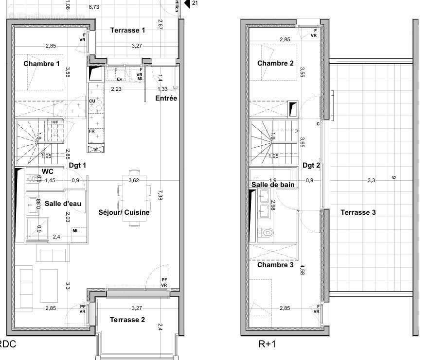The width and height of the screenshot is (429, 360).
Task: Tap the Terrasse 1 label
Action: (x=127, y=30)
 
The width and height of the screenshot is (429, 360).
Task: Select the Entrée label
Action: (x=166, y=98)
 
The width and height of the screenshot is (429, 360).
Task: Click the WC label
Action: (x=48, y=171)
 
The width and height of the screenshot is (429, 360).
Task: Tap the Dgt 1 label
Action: (x=77, y=165)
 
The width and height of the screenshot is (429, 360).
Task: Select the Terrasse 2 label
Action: (x=127, y=320)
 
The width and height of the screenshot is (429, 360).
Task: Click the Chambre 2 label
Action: (x=275, y=63)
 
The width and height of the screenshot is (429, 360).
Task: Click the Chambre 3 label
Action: (x=275, y=265)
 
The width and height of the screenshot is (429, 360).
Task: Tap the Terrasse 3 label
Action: (x=358, y=212)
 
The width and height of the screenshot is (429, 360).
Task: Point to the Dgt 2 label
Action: (x=311, y=165)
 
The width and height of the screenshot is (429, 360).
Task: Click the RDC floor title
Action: (x=7, y=344)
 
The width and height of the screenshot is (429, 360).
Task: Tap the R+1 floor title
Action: (x=267, y=344)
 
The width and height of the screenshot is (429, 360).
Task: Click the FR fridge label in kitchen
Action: (x=91, y=131)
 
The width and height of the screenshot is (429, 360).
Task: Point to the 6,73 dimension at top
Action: (x=94, y=7)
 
